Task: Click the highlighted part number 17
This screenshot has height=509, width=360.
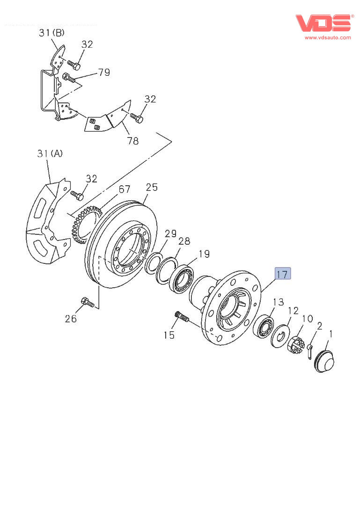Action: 283,274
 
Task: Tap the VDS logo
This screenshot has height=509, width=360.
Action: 323,23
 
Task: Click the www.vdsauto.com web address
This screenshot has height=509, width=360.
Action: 328,37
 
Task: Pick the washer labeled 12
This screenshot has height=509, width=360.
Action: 281,335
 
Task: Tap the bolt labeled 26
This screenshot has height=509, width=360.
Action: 88,303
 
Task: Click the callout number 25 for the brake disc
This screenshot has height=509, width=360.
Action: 152,188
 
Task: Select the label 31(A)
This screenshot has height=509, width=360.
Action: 50,153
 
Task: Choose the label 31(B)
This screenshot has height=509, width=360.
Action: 51,33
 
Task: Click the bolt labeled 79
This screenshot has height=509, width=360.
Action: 68,78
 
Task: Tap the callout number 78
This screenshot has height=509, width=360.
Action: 133,140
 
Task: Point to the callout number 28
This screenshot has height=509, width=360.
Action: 184,241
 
